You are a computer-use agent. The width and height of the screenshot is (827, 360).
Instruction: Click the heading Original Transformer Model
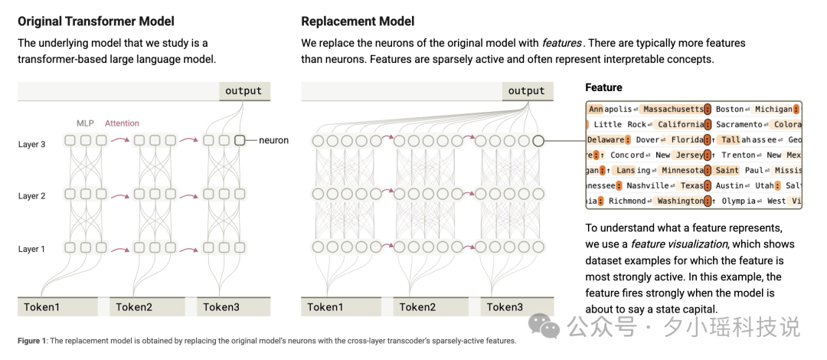96,21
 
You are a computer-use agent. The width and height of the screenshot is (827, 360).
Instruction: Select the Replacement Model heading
358,21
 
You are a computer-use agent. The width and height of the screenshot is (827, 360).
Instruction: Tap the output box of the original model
244,91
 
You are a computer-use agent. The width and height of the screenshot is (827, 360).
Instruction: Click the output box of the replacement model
528,91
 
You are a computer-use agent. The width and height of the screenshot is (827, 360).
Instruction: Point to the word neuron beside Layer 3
273,140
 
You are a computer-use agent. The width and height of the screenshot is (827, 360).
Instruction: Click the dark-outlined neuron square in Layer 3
240,140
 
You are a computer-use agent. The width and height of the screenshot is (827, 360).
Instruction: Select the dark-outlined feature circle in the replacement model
538,141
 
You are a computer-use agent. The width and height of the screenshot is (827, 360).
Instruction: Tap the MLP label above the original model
85,123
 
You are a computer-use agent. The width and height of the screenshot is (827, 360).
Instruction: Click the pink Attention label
122,123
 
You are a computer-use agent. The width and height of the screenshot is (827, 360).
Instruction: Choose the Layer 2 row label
32,196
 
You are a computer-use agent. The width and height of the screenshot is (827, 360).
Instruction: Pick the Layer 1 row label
32,249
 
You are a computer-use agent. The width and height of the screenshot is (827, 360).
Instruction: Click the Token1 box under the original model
57,306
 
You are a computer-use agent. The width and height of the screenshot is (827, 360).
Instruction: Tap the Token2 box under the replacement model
430,306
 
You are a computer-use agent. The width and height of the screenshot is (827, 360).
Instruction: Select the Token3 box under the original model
234,306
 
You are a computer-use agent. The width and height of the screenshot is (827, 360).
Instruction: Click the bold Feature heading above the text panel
604,87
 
